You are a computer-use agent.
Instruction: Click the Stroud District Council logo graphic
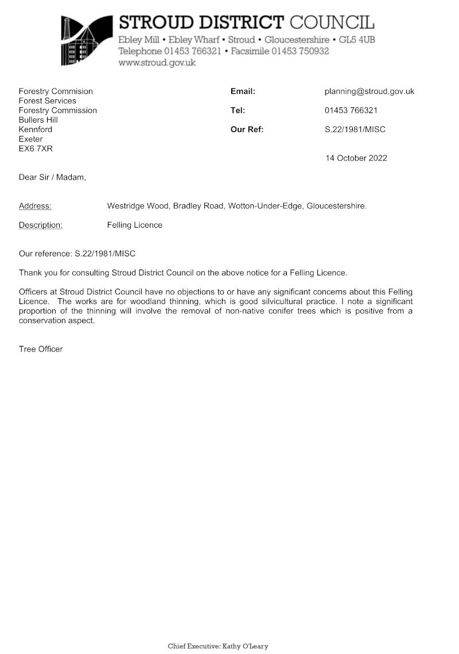pos(87,40)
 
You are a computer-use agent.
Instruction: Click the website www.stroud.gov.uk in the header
pos(157,63)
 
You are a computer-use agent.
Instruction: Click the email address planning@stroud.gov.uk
pos(369,91)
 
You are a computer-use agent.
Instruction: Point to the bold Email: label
pos(243,91)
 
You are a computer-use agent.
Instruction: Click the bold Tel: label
pos(238,110)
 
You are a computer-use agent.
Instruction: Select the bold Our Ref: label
pos(247,129)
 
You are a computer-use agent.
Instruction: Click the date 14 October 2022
pos(356,158)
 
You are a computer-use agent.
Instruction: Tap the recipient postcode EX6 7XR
pos(36,149)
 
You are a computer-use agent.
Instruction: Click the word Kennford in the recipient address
pos(36,129)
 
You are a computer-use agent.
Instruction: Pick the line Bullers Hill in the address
pos(38,120)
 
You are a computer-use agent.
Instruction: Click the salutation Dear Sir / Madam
pos(52,177)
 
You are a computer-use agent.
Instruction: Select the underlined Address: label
pos(35,205)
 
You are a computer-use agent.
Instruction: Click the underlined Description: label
pos(41,225)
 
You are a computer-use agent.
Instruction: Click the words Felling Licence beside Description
pos(135,225)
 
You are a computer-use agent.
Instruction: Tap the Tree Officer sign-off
pos(41,349)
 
